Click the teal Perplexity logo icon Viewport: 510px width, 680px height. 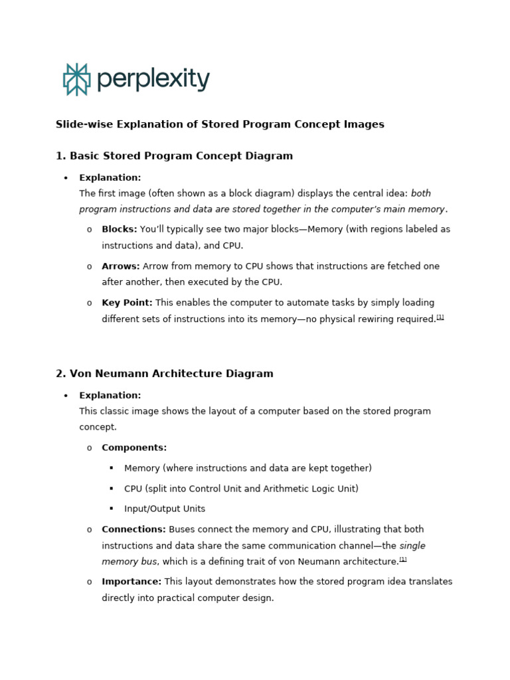click(76, 80)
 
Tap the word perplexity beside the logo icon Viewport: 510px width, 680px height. click(153, 80)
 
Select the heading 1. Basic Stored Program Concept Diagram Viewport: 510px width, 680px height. click(174, 156)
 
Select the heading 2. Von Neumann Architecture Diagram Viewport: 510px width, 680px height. click(165, 374)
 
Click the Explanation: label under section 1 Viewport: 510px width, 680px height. click(110, 178)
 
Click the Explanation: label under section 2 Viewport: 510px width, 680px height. click(110, 396)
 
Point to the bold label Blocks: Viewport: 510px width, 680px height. click(120, 229)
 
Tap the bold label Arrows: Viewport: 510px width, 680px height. click(121, 266)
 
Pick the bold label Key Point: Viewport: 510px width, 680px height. click(127, 303)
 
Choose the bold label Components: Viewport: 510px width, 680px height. click(134, 448)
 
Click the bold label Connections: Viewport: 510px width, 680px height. click(133, 529)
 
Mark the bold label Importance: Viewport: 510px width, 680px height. click(131, 582)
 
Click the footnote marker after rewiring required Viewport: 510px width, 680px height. click(440, 317)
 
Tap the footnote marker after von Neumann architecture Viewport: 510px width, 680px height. click(403, 560)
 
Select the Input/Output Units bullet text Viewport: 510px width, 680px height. click(165, 509)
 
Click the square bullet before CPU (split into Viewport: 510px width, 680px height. click(112, 489)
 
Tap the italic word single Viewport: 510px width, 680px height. click(412, 545)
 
